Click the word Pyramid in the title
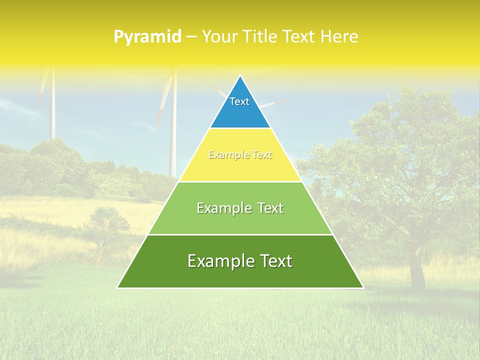coord(147,37)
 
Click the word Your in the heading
coord(220,37)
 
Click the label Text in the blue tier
coord(239,101)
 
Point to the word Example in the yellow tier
coord(225,155)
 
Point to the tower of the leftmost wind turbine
coord(52,110)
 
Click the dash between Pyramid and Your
coord(191,37)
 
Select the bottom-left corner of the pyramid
coord(117,287)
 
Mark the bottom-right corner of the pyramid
coord(363,287)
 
